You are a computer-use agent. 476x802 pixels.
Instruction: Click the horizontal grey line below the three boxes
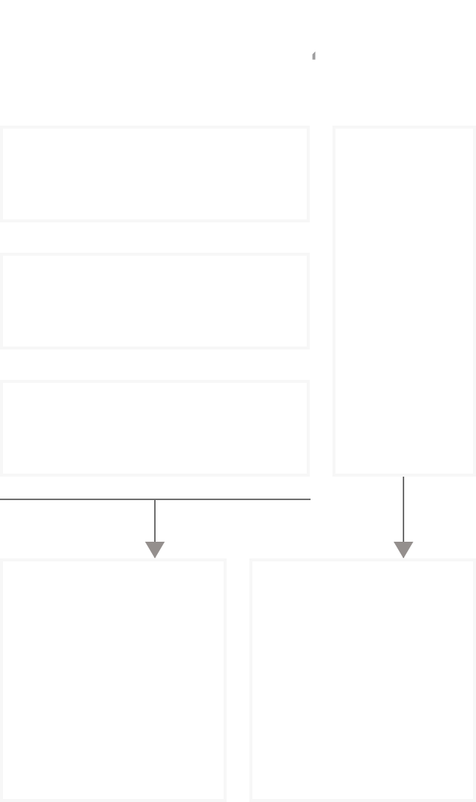click(x=76, y=499)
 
